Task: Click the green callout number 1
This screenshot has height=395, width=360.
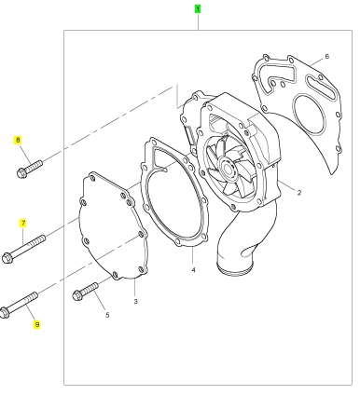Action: [198, 9]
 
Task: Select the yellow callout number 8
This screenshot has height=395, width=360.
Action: [18, 140]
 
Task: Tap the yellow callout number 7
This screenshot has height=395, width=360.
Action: [23, 224]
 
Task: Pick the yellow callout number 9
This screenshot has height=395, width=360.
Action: [37, 325]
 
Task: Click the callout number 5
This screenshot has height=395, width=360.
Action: [107, 315]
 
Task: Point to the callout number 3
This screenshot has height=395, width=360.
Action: [135, 301]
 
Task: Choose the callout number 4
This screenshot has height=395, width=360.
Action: [193, 270]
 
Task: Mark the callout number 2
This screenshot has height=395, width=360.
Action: [299, 193]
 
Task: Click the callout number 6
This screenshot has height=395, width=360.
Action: [326, 56]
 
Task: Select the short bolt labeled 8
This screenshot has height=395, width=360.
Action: [30, 169]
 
